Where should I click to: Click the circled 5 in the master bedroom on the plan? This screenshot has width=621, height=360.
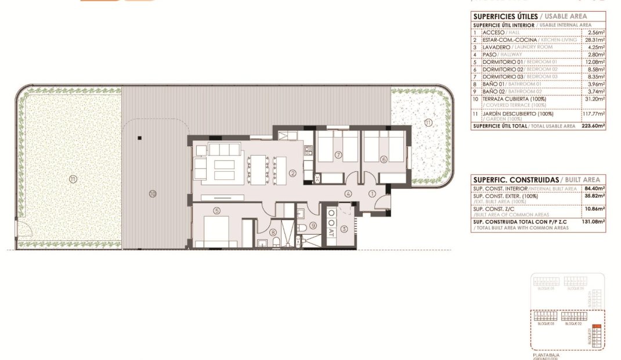[216, 211]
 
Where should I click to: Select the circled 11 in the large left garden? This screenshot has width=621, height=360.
[72, 178]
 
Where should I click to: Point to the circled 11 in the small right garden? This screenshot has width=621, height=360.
[428, 122]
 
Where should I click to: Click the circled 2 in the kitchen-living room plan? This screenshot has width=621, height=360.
[293, 172]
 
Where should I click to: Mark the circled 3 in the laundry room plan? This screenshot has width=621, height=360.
[344, 229]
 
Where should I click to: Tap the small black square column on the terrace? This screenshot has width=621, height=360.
[140, 138]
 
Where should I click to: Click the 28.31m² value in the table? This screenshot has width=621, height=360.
[595, 40]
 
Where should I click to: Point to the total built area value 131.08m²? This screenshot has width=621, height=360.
[593, 221]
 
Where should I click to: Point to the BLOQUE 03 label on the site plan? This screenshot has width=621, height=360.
[546, 323]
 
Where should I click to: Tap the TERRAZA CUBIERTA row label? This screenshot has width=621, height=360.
[508, 99]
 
